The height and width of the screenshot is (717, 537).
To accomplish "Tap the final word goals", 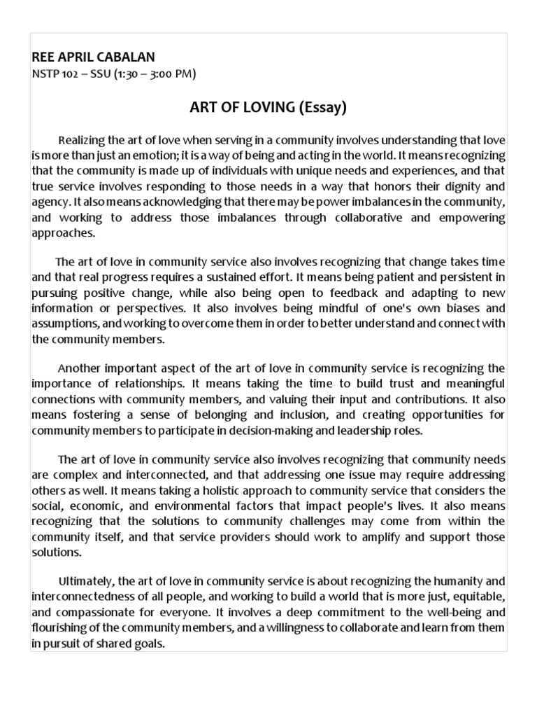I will point(148,643).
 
